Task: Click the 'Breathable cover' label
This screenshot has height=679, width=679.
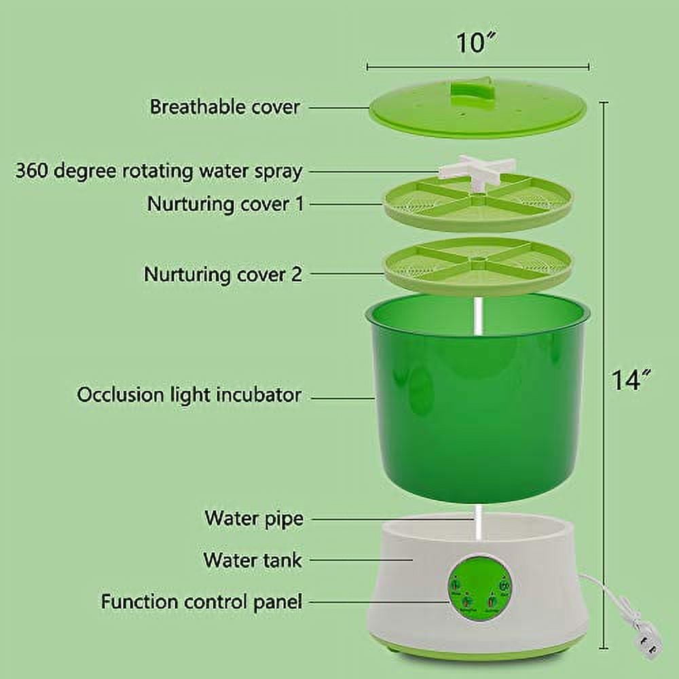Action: point(225,107)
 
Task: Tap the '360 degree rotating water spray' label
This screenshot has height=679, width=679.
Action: point(158,170)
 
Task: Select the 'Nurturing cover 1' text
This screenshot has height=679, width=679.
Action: point(225,204)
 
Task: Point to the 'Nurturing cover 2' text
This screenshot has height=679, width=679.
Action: point(223,274)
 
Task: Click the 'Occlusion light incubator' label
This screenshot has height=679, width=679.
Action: point(189,394)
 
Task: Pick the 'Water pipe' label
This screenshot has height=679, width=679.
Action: point(253,519)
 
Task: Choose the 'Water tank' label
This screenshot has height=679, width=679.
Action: point(252,560)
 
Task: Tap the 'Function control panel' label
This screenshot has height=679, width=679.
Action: point(202,602)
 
